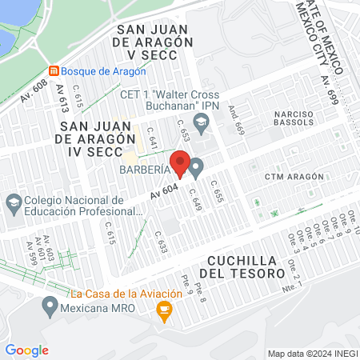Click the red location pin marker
click(x=180, y=163)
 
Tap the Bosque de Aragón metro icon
click(x=54, y=70)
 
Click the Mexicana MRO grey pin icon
click(x=50, y=305)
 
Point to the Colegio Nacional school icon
click(x=13, y=201)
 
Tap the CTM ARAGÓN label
click(x=294, y=176)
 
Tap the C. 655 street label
click(x=215, y=191)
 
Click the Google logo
click(x=26, y=350)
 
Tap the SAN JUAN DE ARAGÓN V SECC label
click(x=154, y=42)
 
